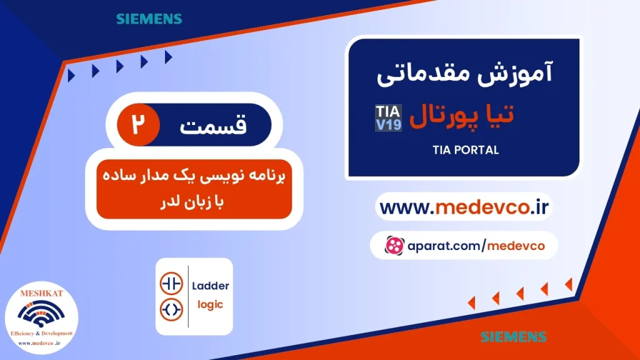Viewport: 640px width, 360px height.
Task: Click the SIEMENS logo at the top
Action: click(x=149, y=19)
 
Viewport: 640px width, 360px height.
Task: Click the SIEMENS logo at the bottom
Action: click(x=513, y=337)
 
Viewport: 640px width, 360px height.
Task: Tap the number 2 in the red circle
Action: click(x=136, y=124)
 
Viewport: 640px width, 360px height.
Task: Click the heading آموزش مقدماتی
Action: click(x=465, y=77)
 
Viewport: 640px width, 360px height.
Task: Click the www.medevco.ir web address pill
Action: click(x=464, y=207)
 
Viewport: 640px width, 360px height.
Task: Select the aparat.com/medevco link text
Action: click(x=474, y=246)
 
